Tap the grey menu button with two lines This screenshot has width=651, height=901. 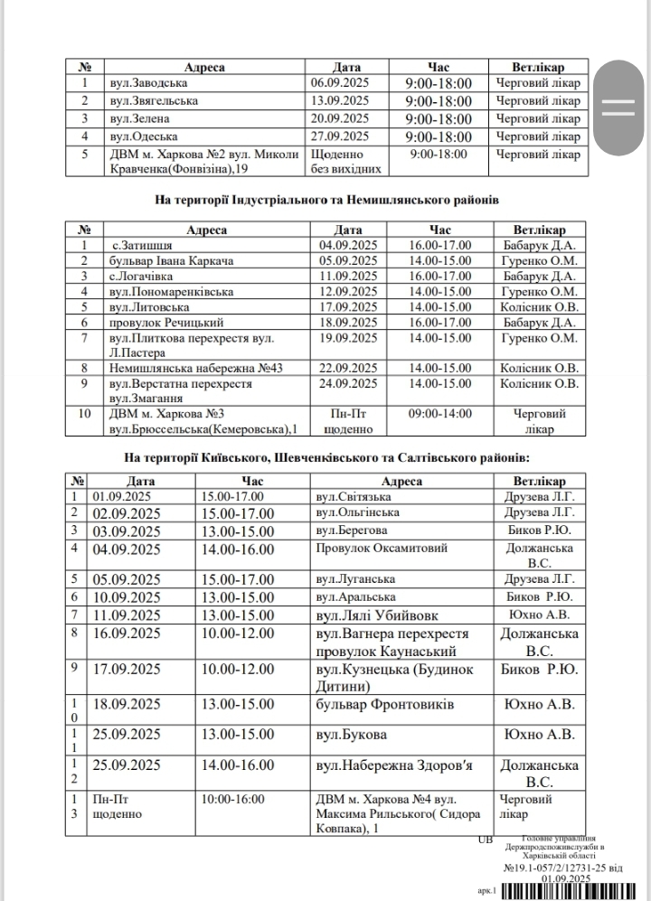(620, 107)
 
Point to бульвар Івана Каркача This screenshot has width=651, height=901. (171, 261)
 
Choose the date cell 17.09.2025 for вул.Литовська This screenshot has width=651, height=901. (342, 307)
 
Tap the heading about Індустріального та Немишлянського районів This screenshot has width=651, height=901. (326, 199)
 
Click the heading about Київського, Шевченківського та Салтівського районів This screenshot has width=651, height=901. (326, 458)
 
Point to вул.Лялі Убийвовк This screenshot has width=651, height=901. (373, 615)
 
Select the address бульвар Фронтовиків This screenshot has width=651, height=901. (384, 704)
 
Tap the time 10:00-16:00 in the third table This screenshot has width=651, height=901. (233, 799)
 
